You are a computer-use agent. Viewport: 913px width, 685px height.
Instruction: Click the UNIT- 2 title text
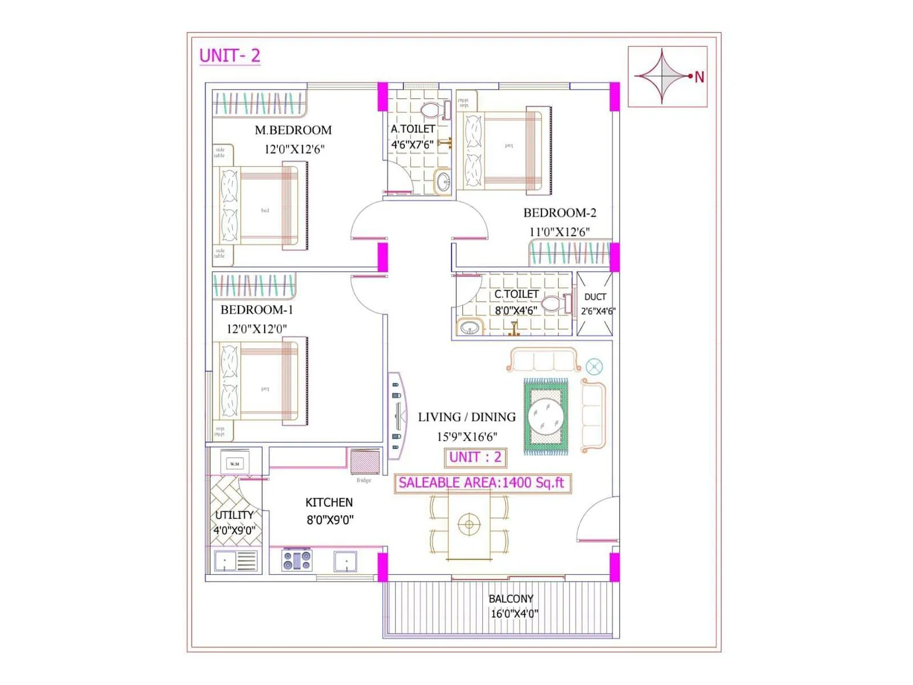coord(229,56)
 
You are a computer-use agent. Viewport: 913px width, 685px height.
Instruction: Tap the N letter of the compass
coord(699,77)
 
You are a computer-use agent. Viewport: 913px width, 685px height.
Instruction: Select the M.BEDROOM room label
coord(293,130)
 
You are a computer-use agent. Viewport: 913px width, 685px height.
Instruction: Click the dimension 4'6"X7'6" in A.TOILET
coord(412,145)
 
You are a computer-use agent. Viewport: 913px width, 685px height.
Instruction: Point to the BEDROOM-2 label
coord(559,213)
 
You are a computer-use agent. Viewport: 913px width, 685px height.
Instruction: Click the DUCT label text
coord(595,297)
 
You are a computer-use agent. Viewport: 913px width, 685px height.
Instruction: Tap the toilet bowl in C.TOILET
coord(552,303)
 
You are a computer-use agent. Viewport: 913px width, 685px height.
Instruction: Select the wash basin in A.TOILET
coord(443,182)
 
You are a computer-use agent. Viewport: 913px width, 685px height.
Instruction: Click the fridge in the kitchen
coord(365,462)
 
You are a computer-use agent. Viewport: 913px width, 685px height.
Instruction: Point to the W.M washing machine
coord(235,464)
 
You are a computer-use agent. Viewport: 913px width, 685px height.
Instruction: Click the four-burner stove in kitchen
coord(297,561)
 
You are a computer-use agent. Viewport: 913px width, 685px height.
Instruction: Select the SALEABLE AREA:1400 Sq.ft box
coord(482,483)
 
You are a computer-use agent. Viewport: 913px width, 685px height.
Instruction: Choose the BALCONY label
coord(511,599)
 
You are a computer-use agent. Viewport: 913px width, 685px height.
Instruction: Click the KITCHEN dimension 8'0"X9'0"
coord(330,520)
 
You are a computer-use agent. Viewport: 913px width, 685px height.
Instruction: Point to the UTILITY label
coord(234,515)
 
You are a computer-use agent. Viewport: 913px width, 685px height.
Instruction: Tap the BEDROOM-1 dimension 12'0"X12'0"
coord(256,329)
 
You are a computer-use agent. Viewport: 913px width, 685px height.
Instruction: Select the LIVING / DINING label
coord(466,417)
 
